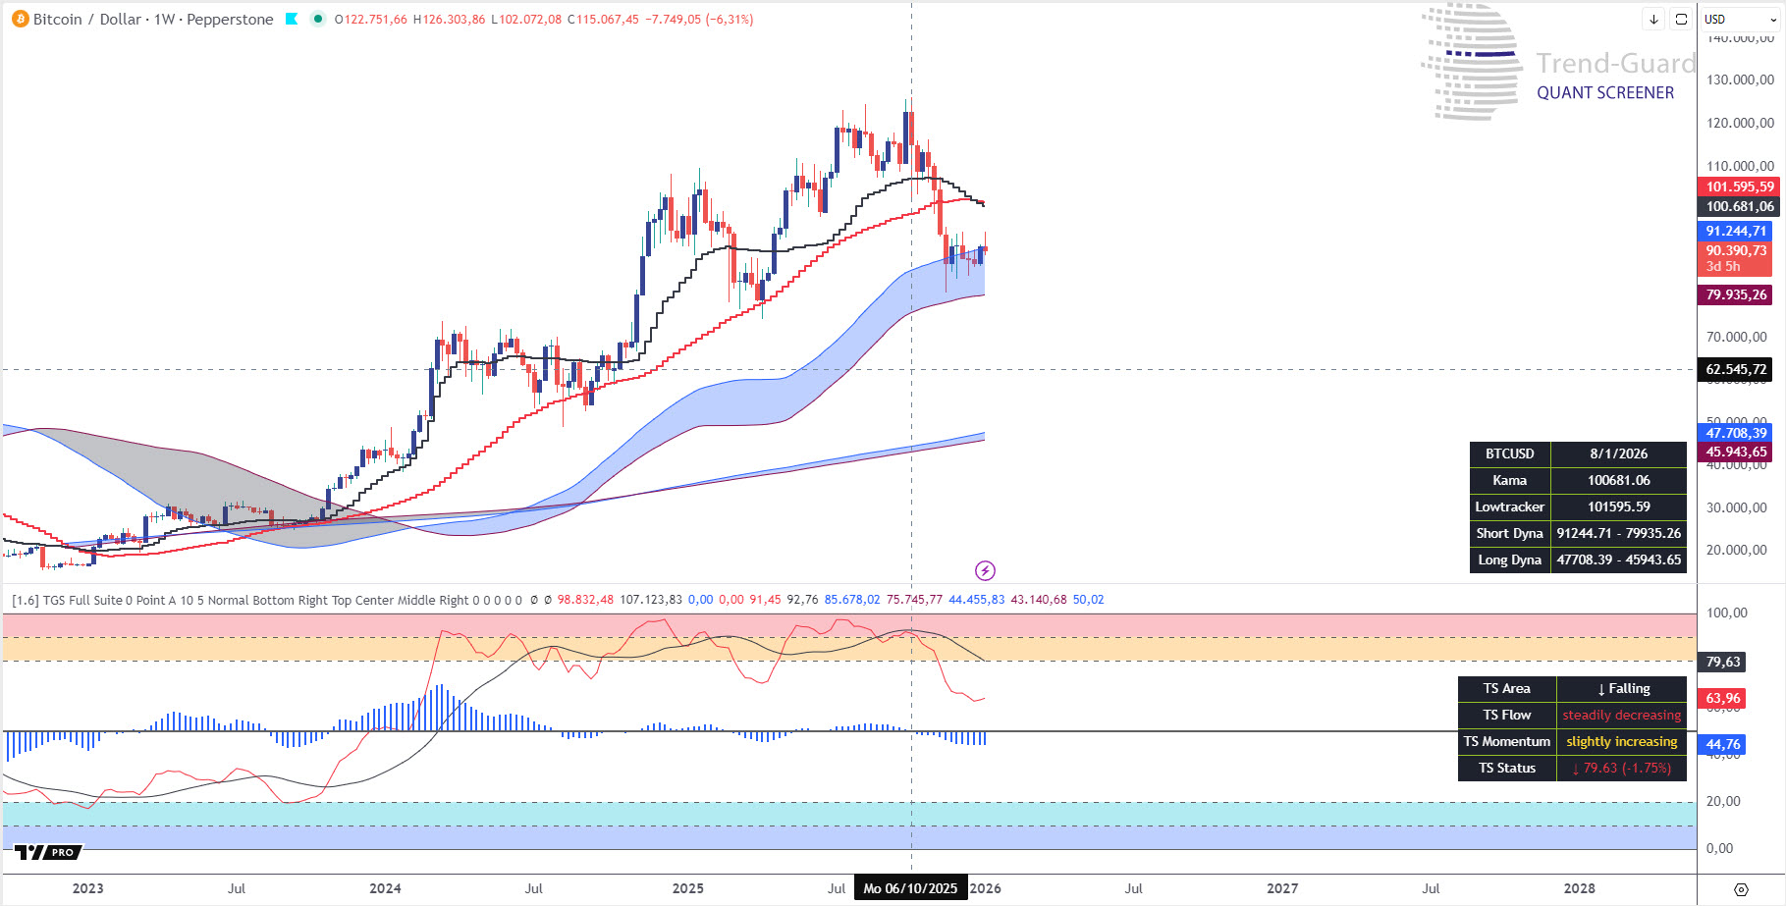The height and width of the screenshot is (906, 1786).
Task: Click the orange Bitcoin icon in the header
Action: pyautogui.click(x=20, y=19)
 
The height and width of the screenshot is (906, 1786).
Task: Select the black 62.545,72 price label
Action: pyautogui.click(x=1736, y=370)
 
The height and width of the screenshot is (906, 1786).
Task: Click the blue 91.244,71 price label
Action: pyautogui.click(x=1735, y=231)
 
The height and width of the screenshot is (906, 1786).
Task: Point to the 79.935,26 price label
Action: pyautogui.click(x=1736, y=294)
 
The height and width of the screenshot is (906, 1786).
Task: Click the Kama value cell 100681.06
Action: pyautogui.click(x=1618, y=481)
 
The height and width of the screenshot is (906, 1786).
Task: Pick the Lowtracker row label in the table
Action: pyautogui.click(x=1509, y=507)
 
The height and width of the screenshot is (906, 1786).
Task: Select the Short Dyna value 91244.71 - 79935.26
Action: pyautogui.click(x=1618, y=534)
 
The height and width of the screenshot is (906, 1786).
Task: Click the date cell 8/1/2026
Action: pyautogui.click(x=1618, y=454)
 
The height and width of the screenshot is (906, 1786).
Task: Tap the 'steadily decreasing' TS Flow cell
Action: pyautogui.click(x=1621, y=716)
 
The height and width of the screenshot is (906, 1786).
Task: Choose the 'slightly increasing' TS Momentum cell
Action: pyautogui.click(x=1621, y=742)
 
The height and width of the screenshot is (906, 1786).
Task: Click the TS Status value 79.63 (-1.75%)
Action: pyautogui.click(x=1621, y=769)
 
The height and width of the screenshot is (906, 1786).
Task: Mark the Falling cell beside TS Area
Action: pyautogui.click(x=1621, y=689)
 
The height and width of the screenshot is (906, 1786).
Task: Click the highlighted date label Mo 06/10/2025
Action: pyautogui.click(x=910, y=888)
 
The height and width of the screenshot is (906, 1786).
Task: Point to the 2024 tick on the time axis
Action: pyautogui.click(x=385, y=888)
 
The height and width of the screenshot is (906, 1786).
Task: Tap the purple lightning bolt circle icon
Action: pyautogui.click(x=985, y=570)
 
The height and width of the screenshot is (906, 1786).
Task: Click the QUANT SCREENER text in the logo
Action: pyautogui.click(x=1605, y=93)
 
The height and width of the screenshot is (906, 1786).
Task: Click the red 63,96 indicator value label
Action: pyautogui.click(x=1722, y=699)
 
